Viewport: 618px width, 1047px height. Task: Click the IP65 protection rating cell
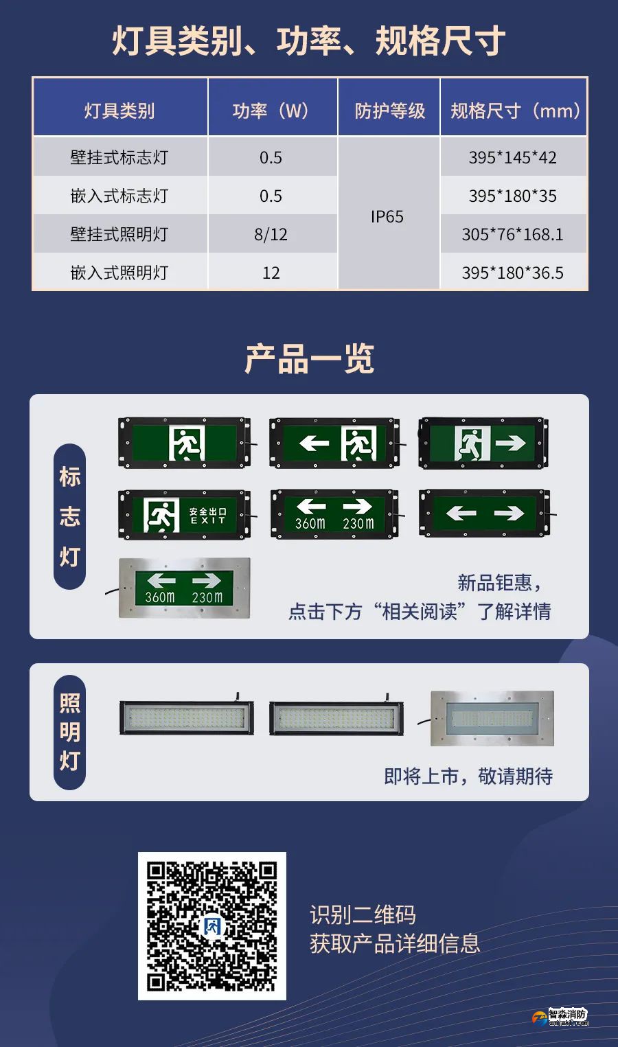(x=387, y=217)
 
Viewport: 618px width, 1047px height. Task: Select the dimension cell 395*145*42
(x=512, y=157)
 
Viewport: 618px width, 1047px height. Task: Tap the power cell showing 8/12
(x=271, y=235)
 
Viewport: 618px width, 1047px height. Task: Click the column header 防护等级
(x=389, y=111)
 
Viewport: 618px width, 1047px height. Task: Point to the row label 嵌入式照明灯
(x=119, y=273)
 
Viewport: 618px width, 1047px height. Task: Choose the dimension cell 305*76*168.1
(x=512, y=235)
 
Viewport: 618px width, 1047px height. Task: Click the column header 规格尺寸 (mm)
(x=515, y=111)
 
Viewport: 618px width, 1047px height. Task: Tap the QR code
(x=212, y=925)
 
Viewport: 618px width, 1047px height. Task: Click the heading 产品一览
(x=309, y=359)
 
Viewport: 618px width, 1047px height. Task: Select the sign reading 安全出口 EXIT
(x=184, y=514)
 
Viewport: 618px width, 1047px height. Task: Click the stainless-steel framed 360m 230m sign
(x=184, y=588)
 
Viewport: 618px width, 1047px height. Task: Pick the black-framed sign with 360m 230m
(x=334, y=514)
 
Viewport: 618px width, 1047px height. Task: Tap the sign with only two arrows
(x=485, y=513)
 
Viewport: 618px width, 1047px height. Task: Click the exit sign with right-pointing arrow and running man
(x=483, y=443)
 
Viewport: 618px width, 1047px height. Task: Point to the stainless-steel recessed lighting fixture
(x=492, y=718)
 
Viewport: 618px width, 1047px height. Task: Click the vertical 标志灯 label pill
(x=70, y=516)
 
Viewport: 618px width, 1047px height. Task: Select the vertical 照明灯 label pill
(x=70, y=732)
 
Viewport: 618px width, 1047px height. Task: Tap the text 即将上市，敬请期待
(x=468, y=776)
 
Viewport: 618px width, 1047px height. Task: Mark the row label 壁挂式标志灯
(x=119, y=157)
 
